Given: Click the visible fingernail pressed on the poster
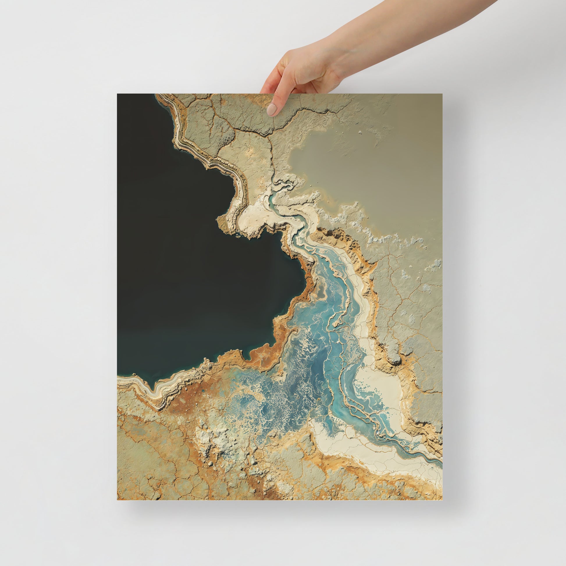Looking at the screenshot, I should click(x=272, y=109).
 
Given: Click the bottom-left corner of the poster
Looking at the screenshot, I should click(x=118, y=499).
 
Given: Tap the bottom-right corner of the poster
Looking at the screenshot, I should click(x=442, y=499).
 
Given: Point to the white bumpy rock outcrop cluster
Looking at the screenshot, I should click(x=211, y=439).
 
